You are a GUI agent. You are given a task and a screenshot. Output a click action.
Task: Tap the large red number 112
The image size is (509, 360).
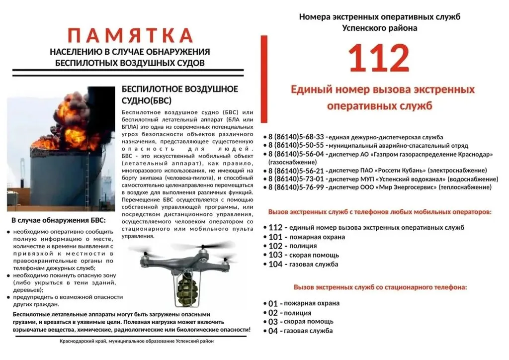click(378, 59)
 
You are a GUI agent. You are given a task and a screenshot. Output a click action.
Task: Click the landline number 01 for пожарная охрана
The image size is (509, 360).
click(273, 303)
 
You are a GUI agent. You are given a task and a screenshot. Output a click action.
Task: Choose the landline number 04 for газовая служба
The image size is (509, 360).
click(273, 331)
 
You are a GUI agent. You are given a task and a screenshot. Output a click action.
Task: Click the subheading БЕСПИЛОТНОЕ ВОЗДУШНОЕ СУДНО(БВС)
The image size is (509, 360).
click(179, 94)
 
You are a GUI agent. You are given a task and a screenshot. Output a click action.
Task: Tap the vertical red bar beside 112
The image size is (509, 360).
click(264, 80)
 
